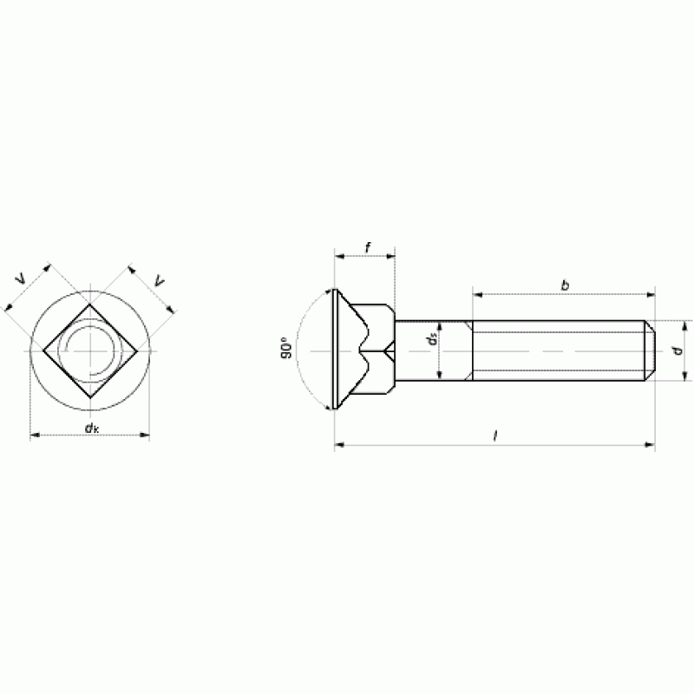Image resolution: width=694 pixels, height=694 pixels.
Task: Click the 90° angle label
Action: tap(286, 349)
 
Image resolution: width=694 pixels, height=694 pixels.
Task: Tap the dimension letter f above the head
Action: tap(368, 248)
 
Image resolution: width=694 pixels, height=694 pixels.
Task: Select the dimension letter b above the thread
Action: tap(565, 285)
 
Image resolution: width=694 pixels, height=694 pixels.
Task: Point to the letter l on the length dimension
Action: tap(495, 436)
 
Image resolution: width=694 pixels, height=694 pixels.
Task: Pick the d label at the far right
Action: tap(678, 351)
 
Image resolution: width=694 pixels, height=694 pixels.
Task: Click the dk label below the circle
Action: tap(92, 428)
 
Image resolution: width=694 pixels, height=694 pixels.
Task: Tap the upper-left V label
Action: tap(21, 279)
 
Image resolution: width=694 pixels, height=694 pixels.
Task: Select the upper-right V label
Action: tap(160, 280)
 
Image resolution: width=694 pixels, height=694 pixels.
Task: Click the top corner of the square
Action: tap(90, 304)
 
